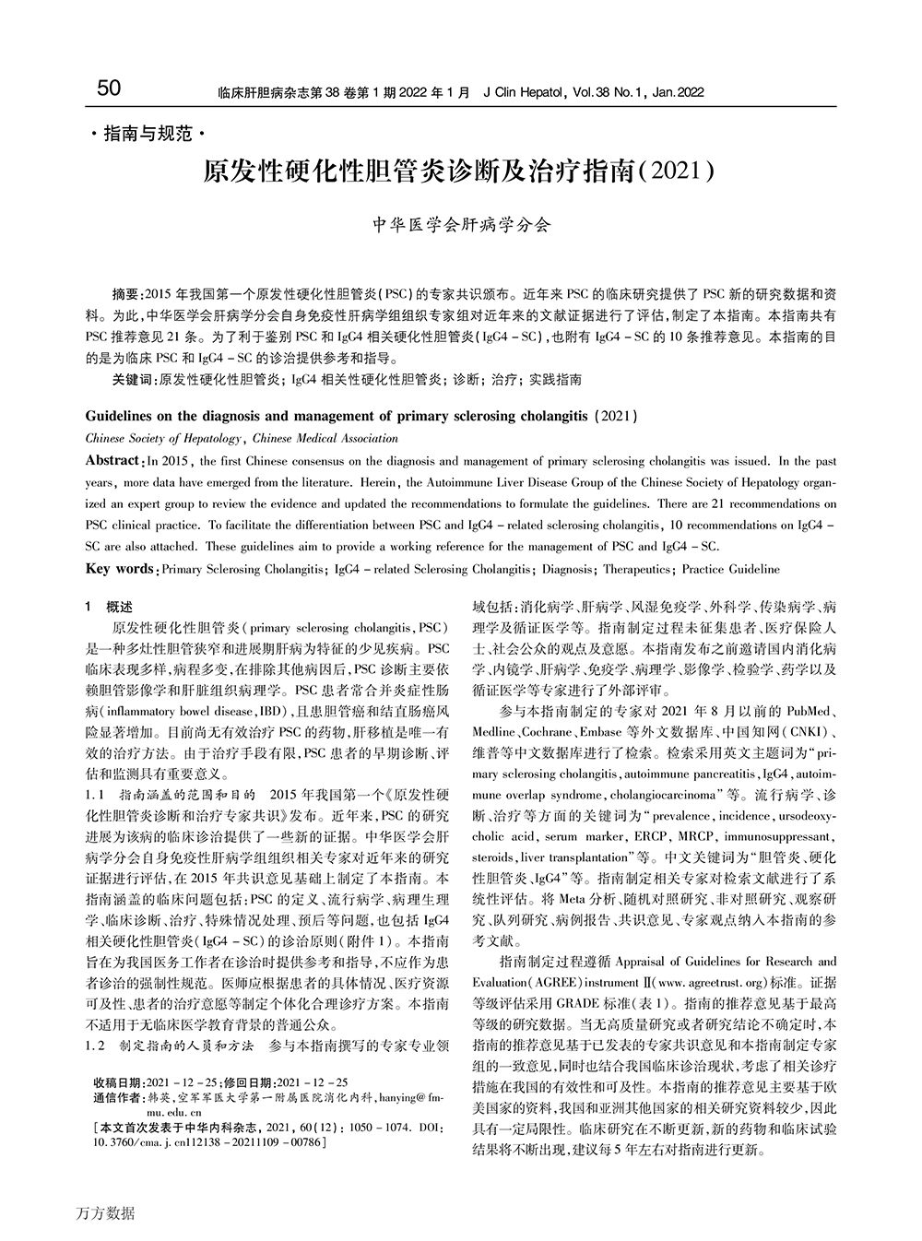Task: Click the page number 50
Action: click(x=108, y=89)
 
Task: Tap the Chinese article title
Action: click(x=459, y=171)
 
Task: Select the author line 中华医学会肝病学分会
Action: click(x=460, y=224)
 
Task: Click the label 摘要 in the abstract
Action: click(x=126, y=294)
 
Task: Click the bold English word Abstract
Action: click(x=112, y=460)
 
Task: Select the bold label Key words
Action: click(x=120, y=570)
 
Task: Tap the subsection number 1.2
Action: click(x=96, y=1046)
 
